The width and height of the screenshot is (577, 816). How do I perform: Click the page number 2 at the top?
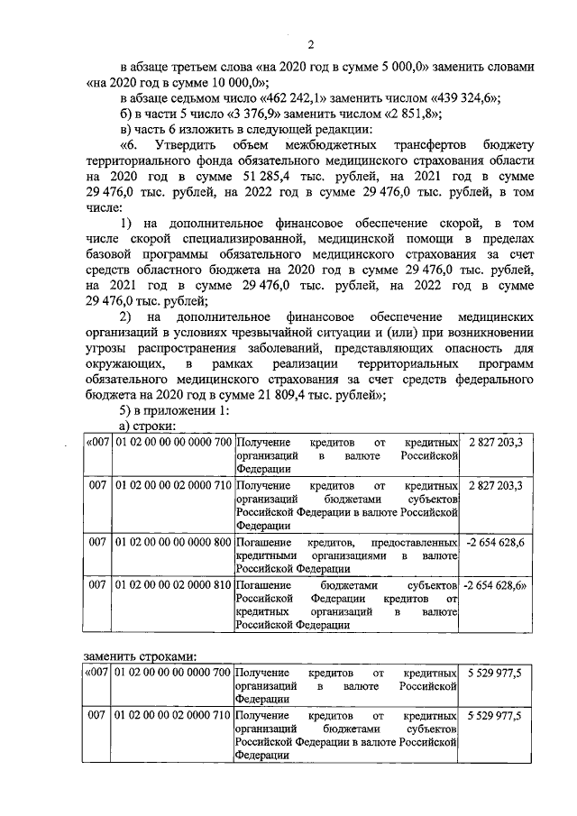coord(309,45)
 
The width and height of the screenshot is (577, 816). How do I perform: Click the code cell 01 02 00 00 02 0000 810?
coord(173,585)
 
